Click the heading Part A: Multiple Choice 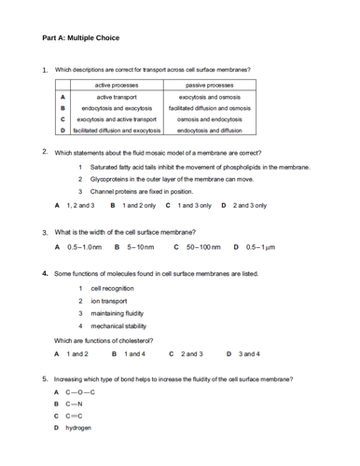[x=81, y=38]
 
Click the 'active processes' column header [x=117, y=84]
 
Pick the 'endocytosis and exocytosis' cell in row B [x=117, y=108]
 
